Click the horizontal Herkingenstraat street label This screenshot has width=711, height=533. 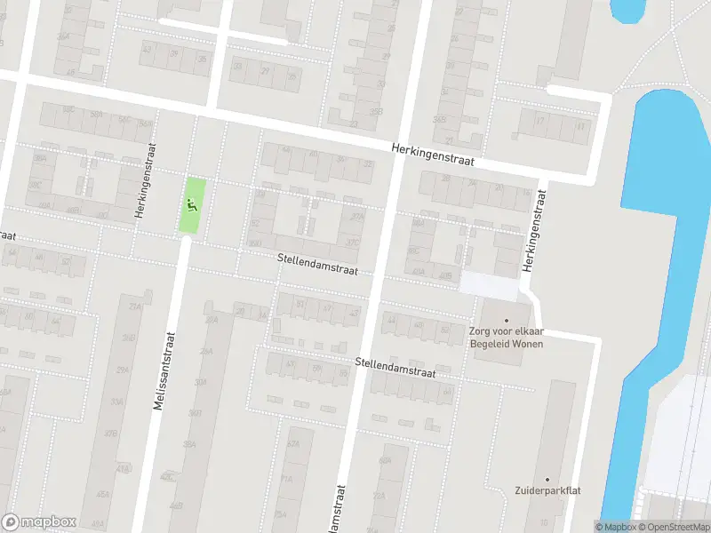pos(434,156)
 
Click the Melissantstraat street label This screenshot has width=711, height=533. pos(165,370)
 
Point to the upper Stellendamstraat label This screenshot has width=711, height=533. pos(316,263)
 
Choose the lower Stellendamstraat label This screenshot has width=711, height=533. pos(395,368)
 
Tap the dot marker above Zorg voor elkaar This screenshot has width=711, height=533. pos(507,320)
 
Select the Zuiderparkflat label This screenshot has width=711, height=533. pos(547,490)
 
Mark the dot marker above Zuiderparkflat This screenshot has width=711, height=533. pos(547,478)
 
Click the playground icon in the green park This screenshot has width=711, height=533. pos(190,205)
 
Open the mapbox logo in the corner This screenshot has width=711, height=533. pos(39,521)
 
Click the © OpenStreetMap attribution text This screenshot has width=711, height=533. pos(674,527)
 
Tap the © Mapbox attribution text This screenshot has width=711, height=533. pos(614,527)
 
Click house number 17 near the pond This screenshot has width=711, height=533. pos(539,121)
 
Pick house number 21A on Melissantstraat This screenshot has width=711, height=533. pos(135,307)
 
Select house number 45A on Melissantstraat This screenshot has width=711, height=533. pos(104,495)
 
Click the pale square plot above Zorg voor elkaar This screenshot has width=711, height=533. pos(489,285)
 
